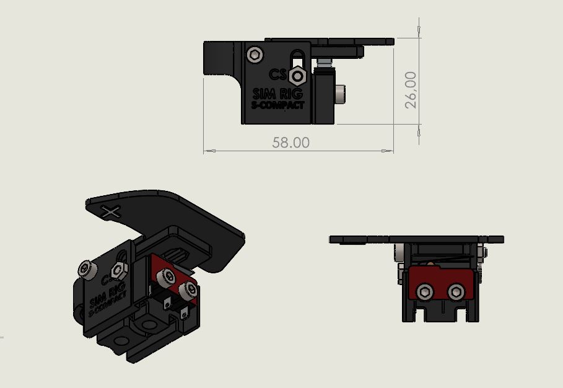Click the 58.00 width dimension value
[291, 142]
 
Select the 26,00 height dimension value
[411, 90]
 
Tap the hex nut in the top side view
[298, 76]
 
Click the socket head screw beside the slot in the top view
[255, 55]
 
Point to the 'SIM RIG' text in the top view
[278, 94]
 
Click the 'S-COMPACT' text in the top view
[278, 105]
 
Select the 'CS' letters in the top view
[277, 74]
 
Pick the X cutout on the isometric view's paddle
[111, 212]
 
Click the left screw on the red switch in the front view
[425, 291]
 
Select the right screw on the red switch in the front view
[456, 291]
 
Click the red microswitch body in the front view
[440, 282]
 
